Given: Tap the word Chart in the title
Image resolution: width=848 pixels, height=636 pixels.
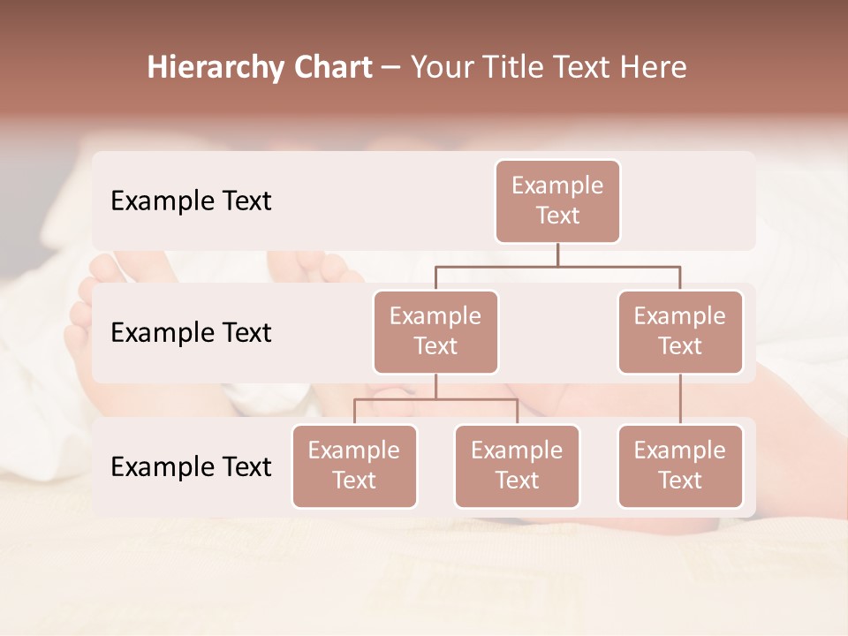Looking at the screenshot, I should (x=331, y=68).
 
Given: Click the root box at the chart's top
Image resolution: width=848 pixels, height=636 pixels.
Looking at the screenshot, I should (x=557, y=201).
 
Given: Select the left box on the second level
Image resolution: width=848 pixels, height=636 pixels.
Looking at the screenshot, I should (x=435, y=332).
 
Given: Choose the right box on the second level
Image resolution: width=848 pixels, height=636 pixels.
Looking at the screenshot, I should (x=680, y=332).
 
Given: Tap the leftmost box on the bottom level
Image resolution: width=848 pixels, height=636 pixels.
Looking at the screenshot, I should (x=354, y=466).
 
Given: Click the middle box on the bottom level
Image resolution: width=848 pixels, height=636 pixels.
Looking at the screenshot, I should (x=517, y=466).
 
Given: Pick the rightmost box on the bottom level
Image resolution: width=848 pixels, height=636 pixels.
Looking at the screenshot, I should (x=680, y=466).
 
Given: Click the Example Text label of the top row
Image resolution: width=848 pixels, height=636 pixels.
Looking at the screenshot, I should (x=191, y=201).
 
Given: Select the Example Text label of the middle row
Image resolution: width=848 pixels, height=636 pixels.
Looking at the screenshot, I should (x=191, y=333).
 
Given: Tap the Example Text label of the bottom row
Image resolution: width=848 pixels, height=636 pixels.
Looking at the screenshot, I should (x=191, y=466).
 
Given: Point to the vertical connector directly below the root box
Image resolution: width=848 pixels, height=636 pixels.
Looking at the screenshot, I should (x=557, y=254).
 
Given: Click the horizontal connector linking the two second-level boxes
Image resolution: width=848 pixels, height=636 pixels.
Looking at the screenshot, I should (x=557, y=266).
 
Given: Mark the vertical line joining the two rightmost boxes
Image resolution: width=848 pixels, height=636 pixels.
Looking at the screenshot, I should (x=680, y=399).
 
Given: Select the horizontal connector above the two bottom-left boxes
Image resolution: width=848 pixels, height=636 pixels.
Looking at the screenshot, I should (x=435, y=399).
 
